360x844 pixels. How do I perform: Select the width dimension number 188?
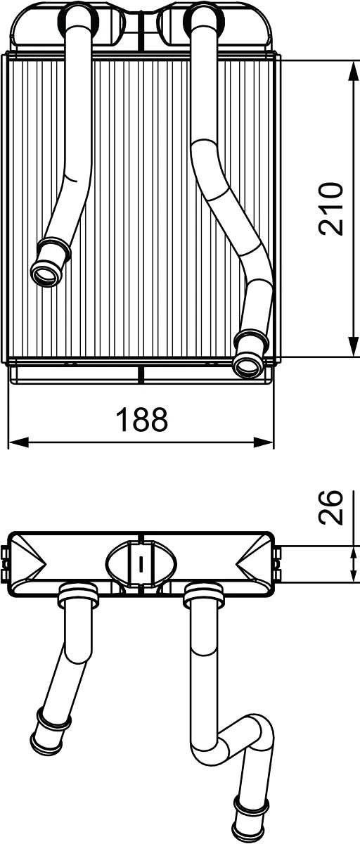click(x=142, y=420)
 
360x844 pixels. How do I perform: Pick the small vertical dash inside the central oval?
click(x=142, y=564)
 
